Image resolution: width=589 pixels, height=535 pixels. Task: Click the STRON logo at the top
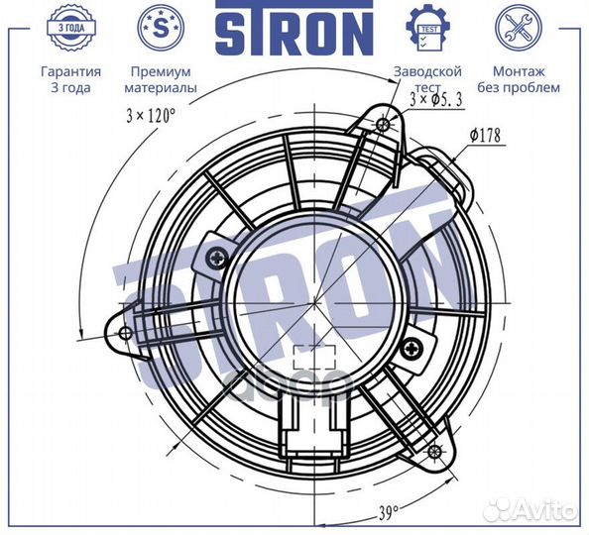(x=294, y=28)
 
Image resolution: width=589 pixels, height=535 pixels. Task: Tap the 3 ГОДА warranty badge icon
(x=71, y=27)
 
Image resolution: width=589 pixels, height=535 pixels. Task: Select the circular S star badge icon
(x=161, y=28)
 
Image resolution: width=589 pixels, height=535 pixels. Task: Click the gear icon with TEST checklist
(x=428, y=28)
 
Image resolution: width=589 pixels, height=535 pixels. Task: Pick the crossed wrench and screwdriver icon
(x=519, y=28)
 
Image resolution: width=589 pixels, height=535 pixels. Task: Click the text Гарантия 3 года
(x=71, y=79)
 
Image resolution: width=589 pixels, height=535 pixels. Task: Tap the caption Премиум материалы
(x=161, y=79)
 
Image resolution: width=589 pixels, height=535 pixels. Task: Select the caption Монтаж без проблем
(x=519, y=79)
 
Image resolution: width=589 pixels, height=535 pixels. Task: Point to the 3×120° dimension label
(x=151, y=115)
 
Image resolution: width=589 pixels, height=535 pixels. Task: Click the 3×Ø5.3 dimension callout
(x=435, y=100)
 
